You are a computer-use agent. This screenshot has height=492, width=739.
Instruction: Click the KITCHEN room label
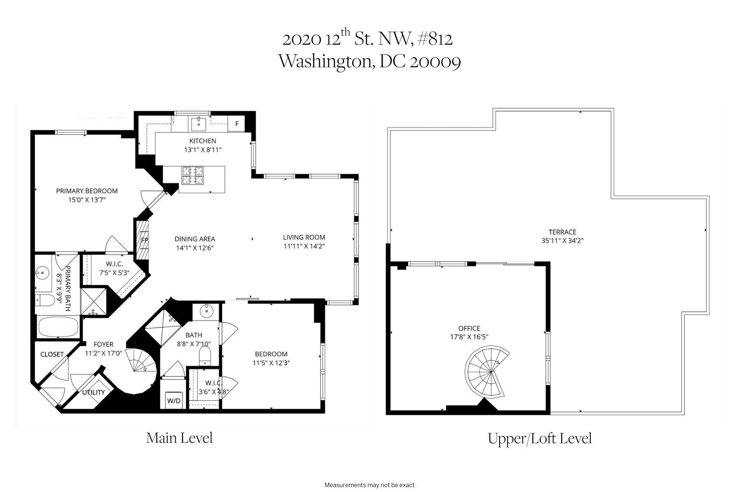[202, 141]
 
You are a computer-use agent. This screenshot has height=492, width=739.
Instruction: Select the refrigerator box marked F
[236, 124]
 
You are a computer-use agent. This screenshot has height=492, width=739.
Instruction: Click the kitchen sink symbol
[199, 123]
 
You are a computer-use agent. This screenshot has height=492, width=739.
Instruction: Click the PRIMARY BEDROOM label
[87, 191]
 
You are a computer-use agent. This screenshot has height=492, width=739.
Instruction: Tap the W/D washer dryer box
[173, 401]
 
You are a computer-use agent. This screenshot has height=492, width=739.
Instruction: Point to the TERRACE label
[562, 232]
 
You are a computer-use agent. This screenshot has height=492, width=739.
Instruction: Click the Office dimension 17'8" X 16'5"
[469, 337]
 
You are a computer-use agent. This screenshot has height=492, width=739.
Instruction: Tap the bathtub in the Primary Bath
[58, 327]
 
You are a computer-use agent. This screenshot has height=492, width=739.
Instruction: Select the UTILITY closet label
[94, 392]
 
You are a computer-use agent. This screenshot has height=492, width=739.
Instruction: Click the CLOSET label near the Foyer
[52, 354]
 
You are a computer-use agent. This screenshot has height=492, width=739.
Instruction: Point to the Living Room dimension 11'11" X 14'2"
[304, 246]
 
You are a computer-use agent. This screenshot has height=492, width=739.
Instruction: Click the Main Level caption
[179, 438]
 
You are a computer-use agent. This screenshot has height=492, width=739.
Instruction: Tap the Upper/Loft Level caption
[539, 439]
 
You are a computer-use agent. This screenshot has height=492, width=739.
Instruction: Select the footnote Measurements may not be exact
[369, 485]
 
